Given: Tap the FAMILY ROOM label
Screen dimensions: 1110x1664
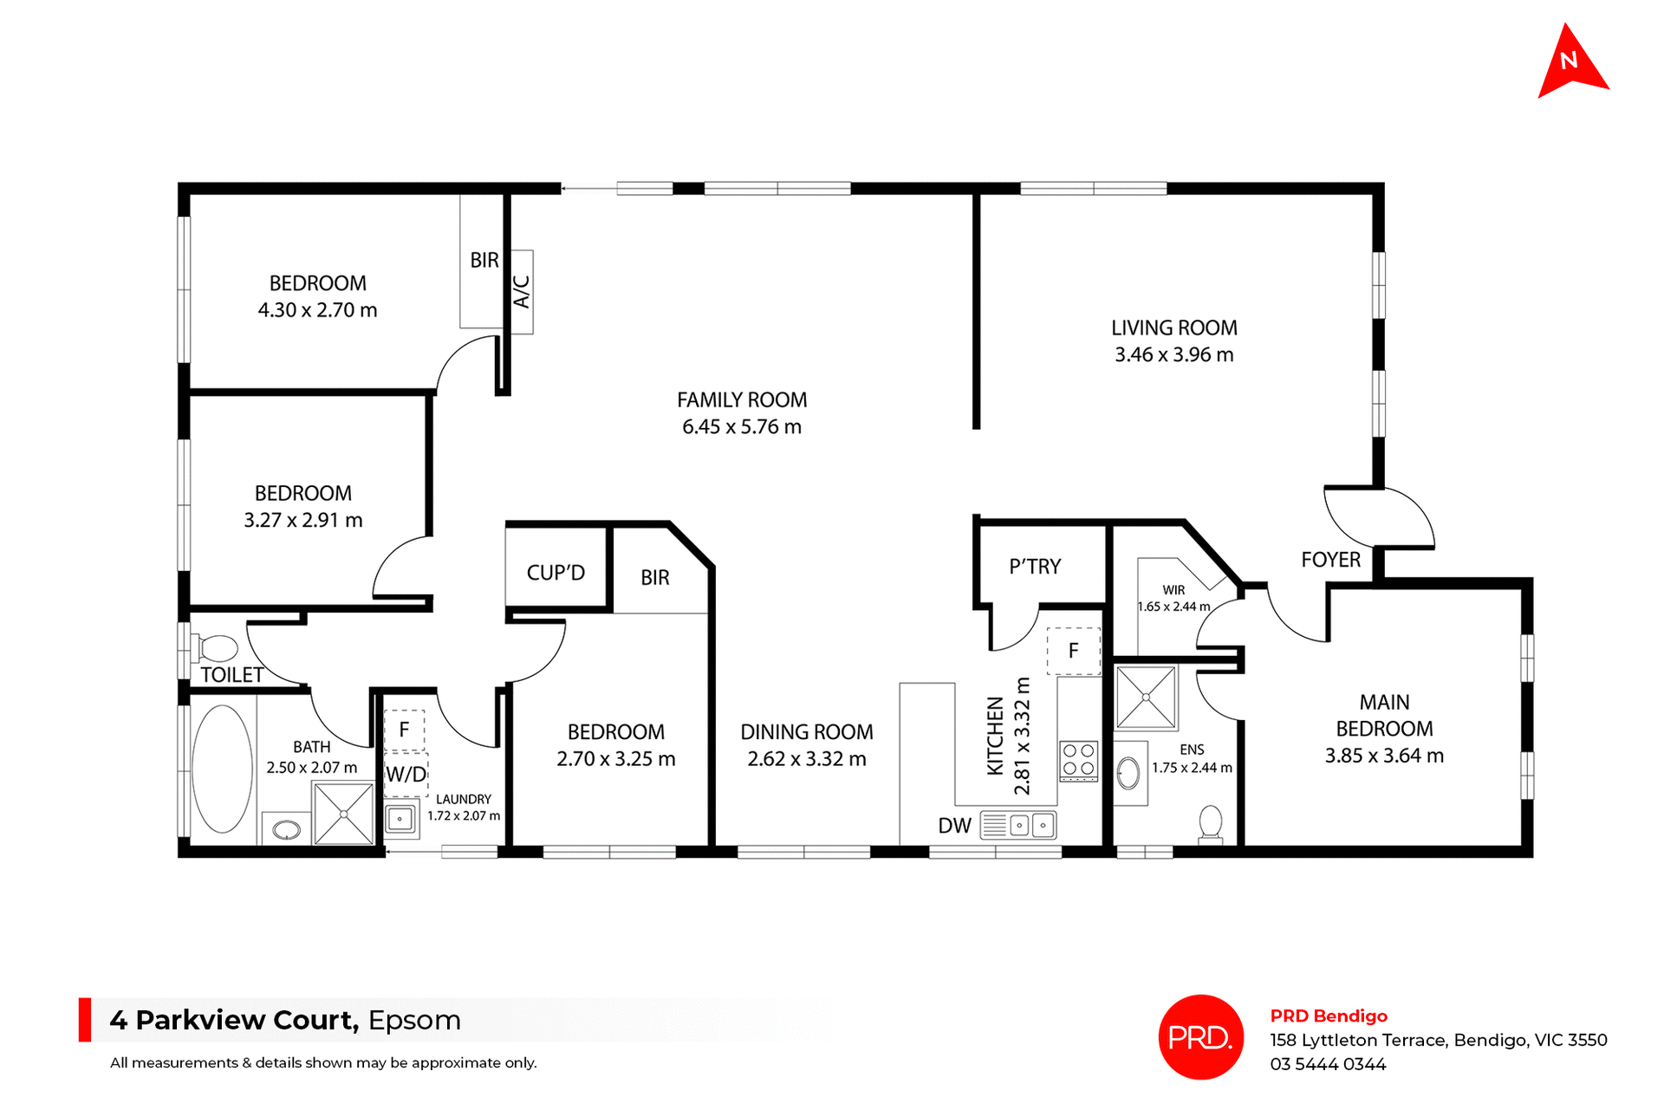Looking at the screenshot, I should tap(741, 399).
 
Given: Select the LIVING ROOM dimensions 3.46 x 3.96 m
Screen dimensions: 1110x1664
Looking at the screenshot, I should tap(1173, 354).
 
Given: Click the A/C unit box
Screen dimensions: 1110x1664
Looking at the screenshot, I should tap(521, 292).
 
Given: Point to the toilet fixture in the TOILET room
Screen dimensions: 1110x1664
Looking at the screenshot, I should tap(217, 647).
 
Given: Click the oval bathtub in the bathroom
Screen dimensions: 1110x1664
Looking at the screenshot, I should tap(222, 769).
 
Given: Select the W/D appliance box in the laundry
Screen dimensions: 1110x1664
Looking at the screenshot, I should tap(406, 774).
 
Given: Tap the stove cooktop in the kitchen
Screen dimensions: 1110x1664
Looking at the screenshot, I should tap(1078, 761).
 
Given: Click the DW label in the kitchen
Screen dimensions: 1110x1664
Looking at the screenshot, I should tap(954, 826).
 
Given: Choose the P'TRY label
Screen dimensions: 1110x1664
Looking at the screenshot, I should tap(1035, 567).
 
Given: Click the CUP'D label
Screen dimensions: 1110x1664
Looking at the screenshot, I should tap(556, 573).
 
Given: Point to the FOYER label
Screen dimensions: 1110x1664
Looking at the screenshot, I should tap(1330, 560).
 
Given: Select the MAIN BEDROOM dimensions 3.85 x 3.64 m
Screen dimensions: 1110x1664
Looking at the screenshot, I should tap(1384, 756).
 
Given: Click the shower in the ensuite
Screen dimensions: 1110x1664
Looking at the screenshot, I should tap(1146, 697).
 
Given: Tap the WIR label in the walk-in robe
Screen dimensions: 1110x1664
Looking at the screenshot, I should tap(1173, 590).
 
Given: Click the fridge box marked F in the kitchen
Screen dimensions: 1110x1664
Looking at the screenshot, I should tap(1073, 651).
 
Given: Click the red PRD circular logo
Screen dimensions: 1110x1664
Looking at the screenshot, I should tap(1200, 1036).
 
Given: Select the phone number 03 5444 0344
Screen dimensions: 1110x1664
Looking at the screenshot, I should tap(1328, 1064).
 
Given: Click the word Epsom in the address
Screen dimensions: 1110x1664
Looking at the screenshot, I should tap(414, 1020).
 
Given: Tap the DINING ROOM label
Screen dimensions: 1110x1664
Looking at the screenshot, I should tap(806, 732).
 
